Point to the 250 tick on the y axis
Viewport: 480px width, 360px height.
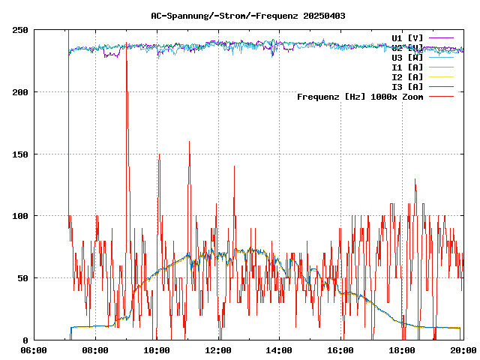(20, 30)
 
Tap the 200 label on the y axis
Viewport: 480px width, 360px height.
(20, 92)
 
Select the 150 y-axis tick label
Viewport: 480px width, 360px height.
(20, 154)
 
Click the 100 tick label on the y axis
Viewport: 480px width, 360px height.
(20, 216)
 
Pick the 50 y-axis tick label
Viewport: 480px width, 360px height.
(22, 278)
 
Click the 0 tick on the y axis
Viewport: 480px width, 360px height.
(25, 340)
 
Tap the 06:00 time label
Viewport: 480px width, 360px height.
(34, 350)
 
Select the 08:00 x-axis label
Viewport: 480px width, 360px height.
(95, 350)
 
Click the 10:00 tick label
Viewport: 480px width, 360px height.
(157, 350)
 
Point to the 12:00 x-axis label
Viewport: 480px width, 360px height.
(218, 350)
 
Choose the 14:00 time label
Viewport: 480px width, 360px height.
(280, 350)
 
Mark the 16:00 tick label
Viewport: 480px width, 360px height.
(341, 350)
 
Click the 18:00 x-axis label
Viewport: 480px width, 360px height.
(403, 350)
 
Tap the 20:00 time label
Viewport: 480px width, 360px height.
(463, 350)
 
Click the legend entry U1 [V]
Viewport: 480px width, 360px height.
(407, 37)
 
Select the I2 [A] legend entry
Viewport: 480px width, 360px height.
(407, 77)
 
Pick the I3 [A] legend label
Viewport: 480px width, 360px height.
(407, 87)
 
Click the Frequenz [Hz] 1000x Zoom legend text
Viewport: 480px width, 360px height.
(360, 97)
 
